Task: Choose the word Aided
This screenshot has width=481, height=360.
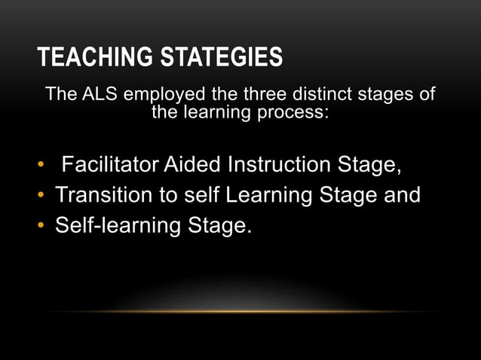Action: click(x=201, y=164)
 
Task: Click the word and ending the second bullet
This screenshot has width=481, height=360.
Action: click(x=400, y=195)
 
